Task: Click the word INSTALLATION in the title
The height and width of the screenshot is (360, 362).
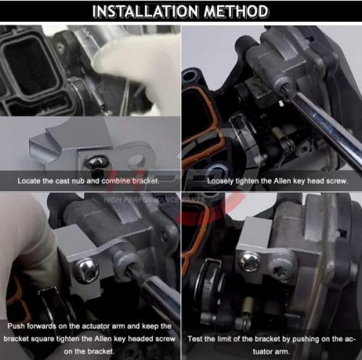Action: pyautogui.click(x=146, y=12)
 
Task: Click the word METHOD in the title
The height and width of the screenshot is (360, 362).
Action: pyautogui.click(x=236, y=12)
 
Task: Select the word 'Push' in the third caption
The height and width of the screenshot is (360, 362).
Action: pyautogui.click(x=16, y=326)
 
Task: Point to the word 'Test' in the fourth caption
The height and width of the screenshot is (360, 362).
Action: pyautogui.click(x=195, y=339)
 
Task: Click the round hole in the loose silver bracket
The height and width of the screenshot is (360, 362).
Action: pyautogui.click(x=136, y=161)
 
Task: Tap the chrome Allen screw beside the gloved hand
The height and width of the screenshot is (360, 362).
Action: pyautogui.click(x=85, y=270)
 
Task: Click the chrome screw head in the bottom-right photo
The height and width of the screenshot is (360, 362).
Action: pyautogui.click(x=249, y=262)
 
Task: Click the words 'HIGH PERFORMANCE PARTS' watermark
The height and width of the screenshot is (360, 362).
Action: pyautogui.click(x=154, y=200)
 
